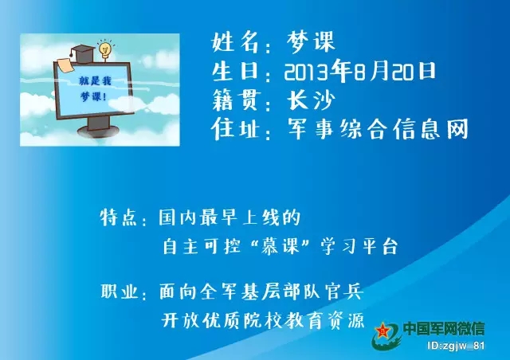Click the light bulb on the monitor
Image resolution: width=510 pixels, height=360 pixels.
click(x=105, y=49)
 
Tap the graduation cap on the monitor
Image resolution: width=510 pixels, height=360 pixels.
click(x=83, y=53)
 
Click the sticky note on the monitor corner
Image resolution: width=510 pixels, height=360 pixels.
click(x=66, y=65)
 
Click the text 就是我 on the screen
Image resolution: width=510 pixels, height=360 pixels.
click(x=95, y=80)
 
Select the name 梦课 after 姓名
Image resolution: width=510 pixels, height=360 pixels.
click(x=310, y=42)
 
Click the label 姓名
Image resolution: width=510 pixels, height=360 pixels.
click(x=235, y=42)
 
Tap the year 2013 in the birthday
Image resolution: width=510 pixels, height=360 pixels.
click(x=306, y=72)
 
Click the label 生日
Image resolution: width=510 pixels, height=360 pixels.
click(x=235, y=71)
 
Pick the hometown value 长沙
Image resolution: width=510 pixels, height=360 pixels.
click(x=311, y=100)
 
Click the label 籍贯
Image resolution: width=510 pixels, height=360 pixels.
click(x=237, y=100)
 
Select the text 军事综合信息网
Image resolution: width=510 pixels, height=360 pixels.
click(x=378, y=128)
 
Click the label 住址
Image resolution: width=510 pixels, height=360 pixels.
click(x=235, y=128)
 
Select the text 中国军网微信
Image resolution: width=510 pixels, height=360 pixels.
click(x=444, y=328)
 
